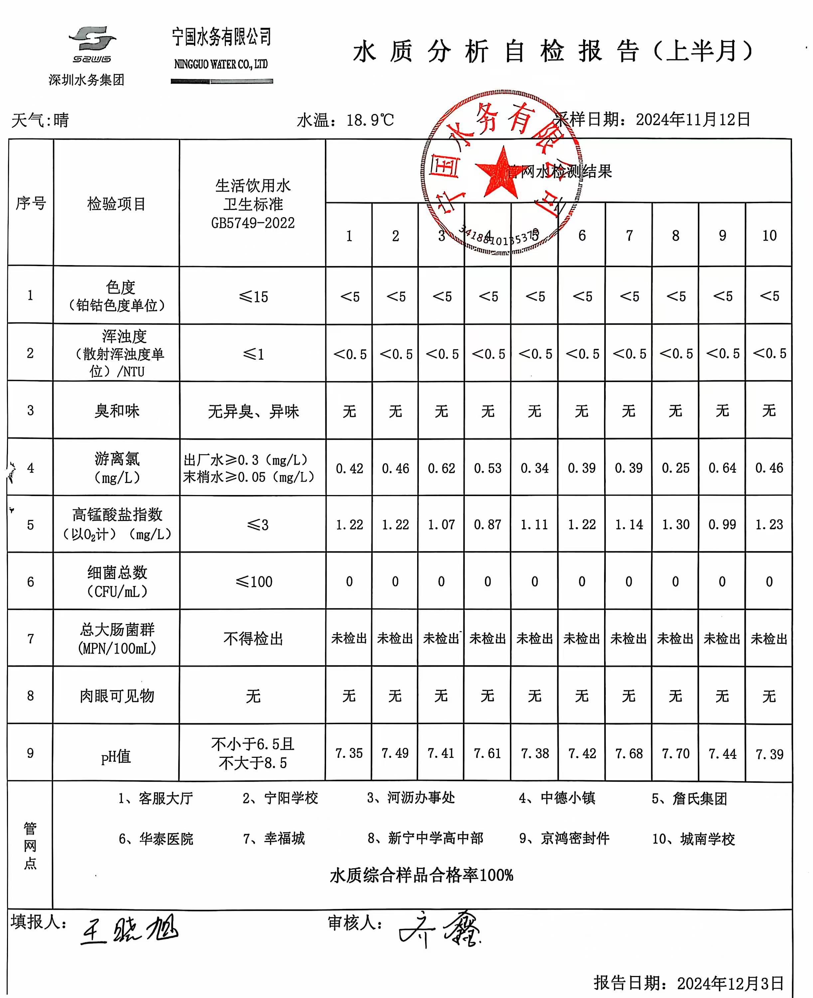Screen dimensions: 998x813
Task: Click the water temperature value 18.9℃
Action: [x=370, y=120]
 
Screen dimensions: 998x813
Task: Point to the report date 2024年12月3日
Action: [x=730, y=983]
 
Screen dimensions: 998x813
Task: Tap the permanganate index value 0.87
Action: [x=488, y=525]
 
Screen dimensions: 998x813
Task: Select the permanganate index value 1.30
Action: [x=675, y=525]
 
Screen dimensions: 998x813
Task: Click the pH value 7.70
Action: [x=675, y=753]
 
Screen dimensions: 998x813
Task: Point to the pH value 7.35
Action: [x=349, y=753]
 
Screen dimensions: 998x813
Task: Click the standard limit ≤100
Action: [x=253, y=582]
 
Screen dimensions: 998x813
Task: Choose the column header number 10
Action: [x=769, y=236]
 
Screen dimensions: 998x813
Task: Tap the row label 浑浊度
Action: [x=124, y=336]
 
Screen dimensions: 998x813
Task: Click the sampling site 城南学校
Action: [x=707, y=839]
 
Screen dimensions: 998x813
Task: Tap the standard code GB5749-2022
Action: [x=253, y=223]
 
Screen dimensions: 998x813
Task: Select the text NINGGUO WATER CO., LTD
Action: [x=221, y=64]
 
